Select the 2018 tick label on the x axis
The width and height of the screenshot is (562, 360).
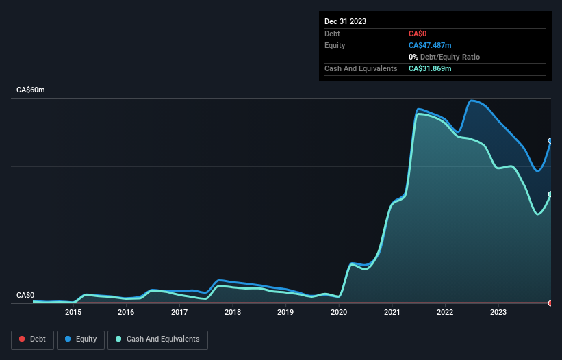[x=232, y=313]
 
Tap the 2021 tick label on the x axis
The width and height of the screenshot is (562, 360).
[x=392, y=313]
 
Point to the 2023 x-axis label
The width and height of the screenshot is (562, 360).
[x=498, y=313]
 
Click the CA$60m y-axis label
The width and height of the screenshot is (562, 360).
[x=31, y=90]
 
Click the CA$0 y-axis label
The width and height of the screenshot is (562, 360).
[x=25, y=296]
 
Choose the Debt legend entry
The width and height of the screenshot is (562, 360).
[x=32, y=339]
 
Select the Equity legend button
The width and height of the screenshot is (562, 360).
[x=80, y=339]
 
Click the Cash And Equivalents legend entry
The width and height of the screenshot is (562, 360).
[x=157, y=339]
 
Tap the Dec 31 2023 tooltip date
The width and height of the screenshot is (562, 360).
[x=345, y=21]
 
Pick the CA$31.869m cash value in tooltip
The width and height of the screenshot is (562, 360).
[x=430, y=68]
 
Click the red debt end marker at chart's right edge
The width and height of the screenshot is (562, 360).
[x=550, y=303]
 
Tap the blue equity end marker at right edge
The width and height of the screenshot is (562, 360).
[x=550, y=141]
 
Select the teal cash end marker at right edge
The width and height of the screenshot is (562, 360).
[x=550, y=194]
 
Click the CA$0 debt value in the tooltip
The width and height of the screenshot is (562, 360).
[x=418, y=34]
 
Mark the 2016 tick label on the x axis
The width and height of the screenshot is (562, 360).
[x=126, y=313]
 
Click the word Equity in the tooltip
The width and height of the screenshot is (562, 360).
[x=335, y=45]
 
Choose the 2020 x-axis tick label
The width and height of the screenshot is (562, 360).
[x=339, y=313]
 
